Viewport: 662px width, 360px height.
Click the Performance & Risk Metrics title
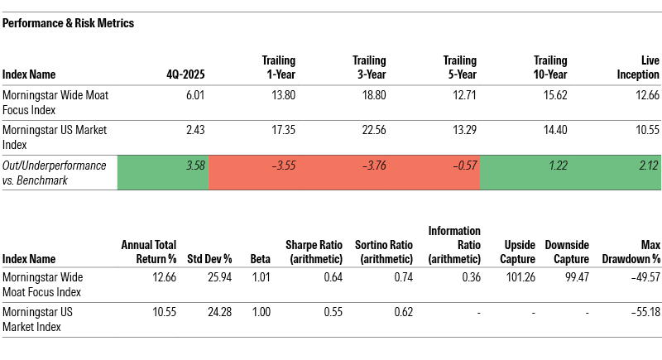[69, 23]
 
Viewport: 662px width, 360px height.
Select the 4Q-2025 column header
[186, 74]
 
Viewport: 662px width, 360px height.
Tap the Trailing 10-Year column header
[549, 67]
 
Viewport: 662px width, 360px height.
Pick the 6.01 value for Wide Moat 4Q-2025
[194, 96]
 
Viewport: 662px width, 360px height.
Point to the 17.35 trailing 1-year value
[282, 131]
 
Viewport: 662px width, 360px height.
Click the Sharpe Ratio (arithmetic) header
[313, 252]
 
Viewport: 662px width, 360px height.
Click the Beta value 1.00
[258, 312]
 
